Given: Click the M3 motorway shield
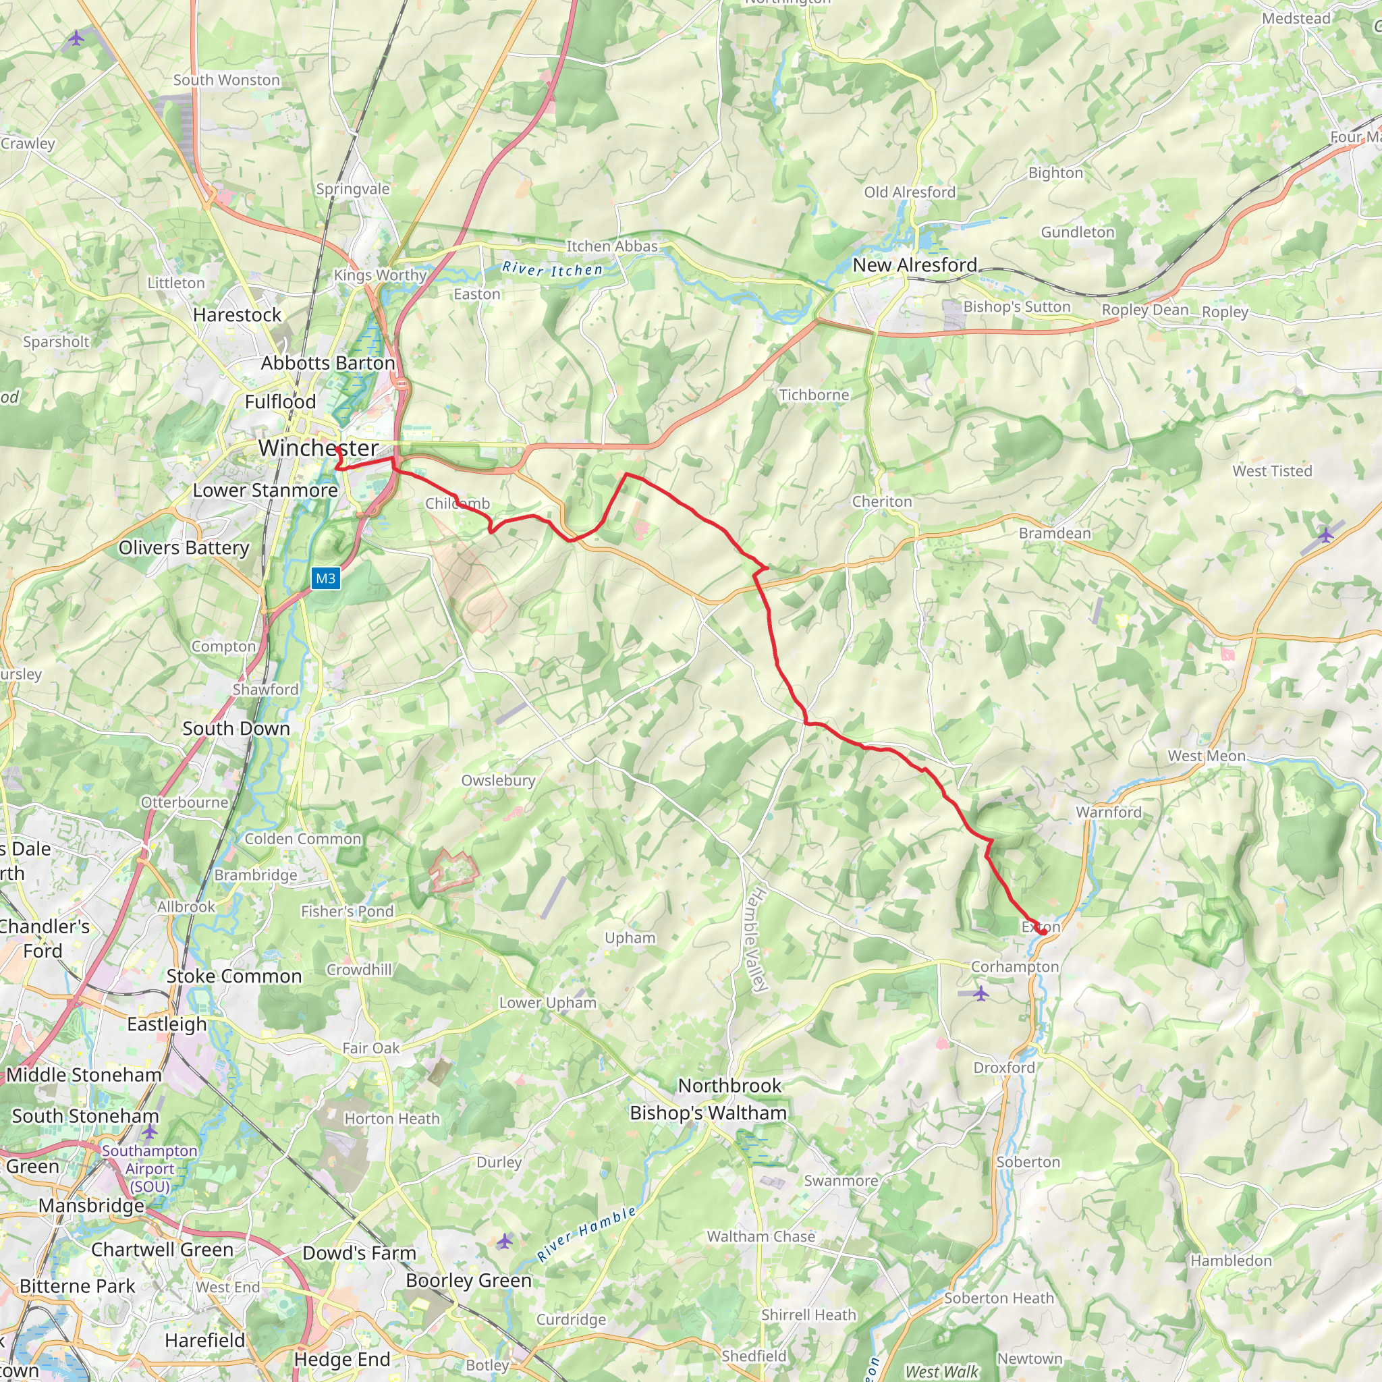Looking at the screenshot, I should click(325, 579).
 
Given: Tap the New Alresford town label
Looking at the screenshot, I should click(914, 265).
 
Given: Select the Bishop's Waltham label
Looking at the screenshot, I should click(707, 1113).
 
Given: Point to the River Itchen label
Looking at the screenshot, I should click(552, 269).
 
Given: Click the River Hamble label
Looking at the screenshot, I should click(586, 1234).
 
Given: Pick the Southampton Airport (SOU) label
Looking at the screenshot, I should click(150, 1168).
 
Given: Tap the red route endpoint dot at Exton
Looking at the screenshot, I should click(1043, 931).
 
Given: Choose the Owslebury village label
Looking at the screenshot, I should click(498, 781).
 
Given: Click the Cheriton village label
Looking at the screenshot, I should click(881, 501).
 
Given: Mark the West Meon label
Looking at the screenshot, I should click(1206, 756).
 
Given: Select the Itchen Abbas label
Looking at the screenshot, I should click(611, 246).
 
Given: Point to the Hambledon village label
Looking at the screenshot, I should click(1231, 1261).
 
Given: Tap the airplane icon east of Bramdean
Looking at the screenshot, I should click(1325, 534).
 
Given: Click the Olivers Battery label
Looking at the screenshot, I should click(184, 548).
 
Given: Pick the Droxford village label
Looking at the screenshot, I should click(1003, 1068).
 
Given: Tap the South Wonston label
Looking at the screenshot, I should click(226, 80).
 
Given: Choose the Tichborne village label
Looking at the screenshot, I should click(813, 395).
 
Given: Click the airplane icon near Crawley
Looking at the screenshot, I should click(76, 37).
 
